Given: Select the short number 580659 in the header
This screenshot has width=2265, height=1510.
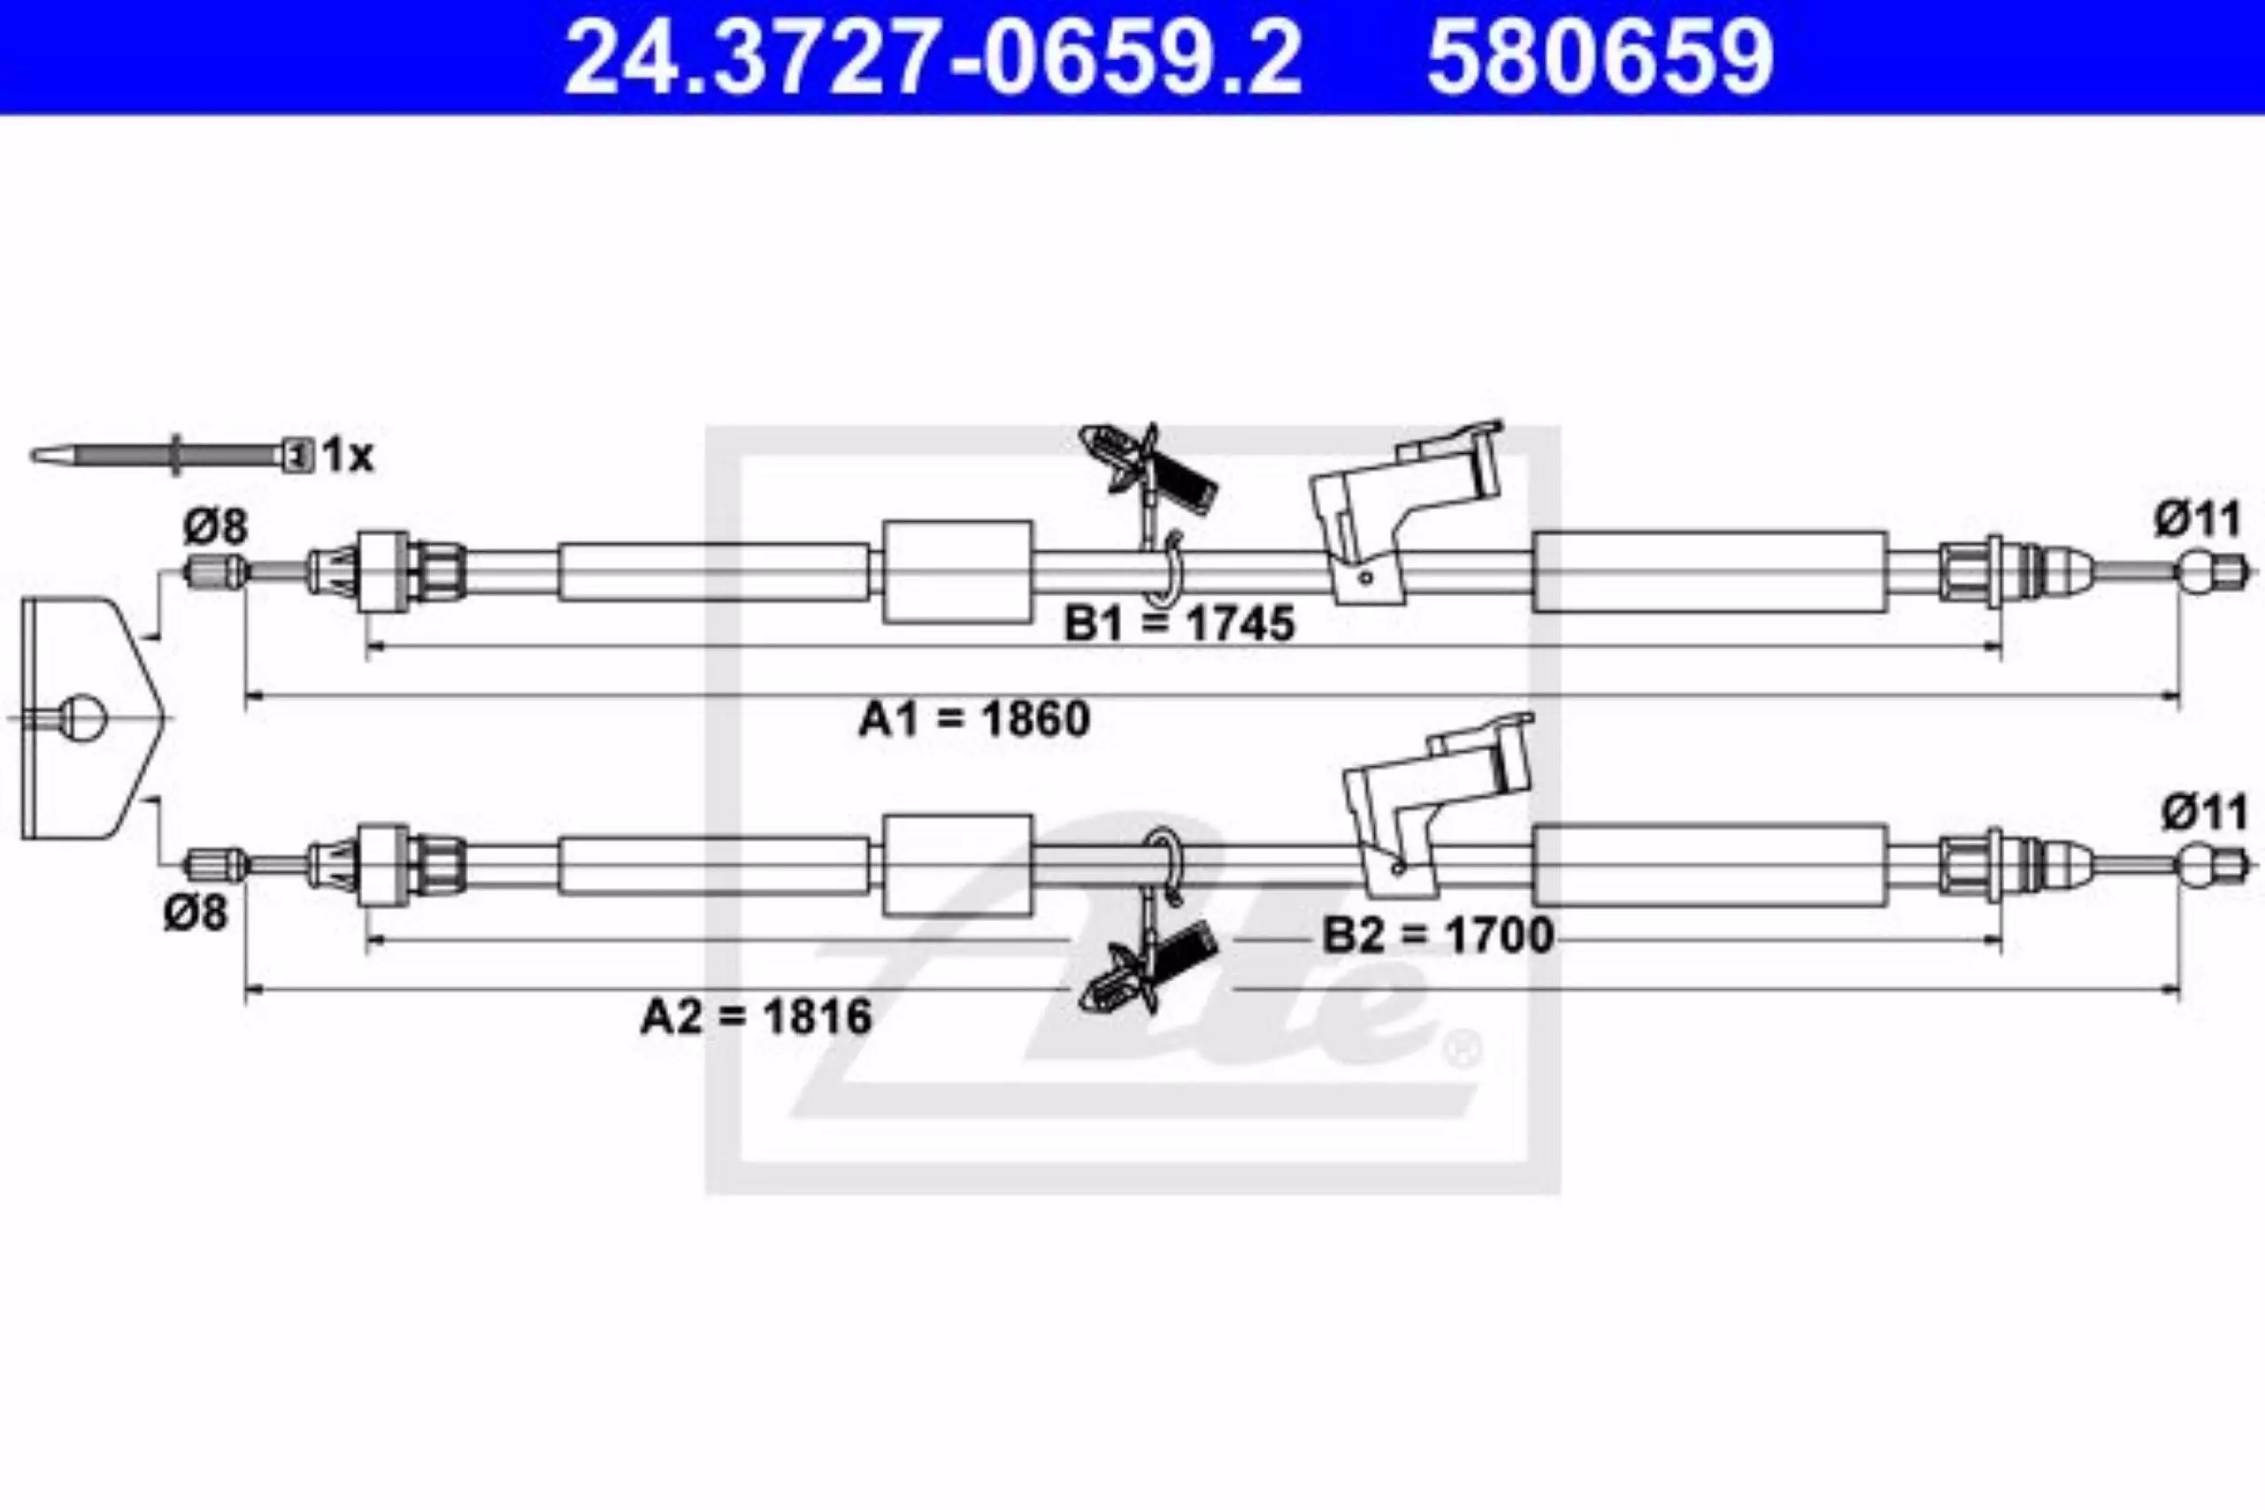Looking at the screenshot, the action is pos(1600,57).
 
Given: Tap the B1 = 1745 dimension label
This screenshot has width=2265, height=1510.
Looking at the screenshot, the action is pos(1179,624).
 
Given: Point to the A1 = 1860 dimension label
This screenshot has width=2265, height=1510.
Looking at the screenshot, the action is pos(974,718).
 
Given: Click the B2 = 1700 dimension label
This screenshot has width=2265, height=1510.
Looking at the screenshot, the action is pos(1439,934).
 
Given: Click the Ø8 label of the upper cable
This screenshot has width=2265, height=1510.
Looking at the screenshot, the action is pos(216,526).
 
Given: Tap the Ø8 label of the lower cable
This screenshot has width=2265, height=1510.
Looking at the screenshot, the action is pos(196,913).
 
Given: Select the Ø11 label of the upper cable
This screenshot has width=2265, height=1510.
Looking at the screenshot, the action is pos(2199,521).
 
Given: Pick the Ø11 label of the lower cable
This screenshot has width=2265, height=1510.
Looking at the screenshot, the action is pos(2204,812).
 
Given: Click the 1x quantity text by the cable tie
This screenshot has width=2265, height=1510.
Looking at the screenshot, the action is pos(348,455).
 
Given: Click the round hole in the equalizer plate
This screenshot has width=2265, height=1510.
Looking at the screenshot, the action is pos(85,718).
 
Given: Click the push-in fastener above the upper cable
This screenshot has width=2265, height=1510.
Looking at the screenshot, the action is pos(1147,468).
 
